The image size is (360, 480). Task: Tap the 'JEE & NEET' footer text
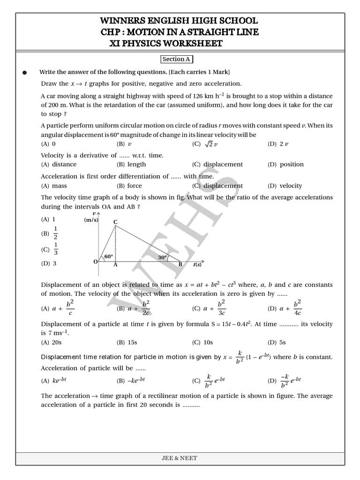180,458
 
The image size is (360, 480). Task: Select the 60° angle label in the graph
109,256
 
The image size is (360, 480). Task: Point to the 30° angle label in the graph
163,257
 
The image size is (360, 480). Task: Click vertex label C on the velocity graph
115,221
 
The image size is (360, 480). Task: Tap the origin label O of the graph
95,261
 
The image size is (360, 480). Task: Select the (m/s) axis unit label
91,220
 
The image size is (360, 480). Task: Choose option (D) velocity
285,186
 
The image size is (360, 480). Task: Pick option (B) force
129,186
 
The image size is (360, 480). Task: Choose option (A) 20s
52,342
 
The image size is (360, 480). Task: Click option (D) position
285,165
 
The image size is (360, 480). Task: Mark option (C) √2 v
204,144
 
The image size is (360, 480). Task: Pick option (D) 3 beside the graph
49,263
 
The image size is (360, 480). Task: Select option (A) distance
59,165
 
